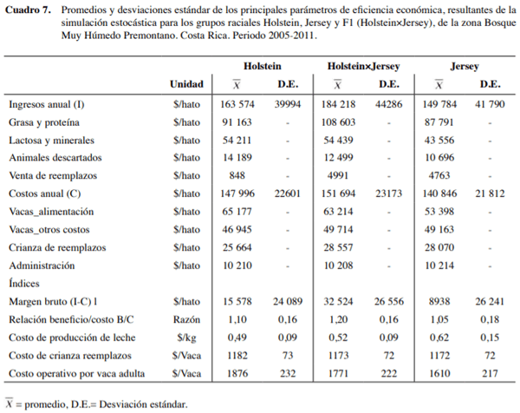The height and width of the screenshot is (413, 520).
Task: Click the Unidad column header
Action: pos(186,85)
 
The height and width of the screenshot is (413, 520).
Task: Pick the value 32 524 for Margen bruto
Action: pos(339,301)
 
